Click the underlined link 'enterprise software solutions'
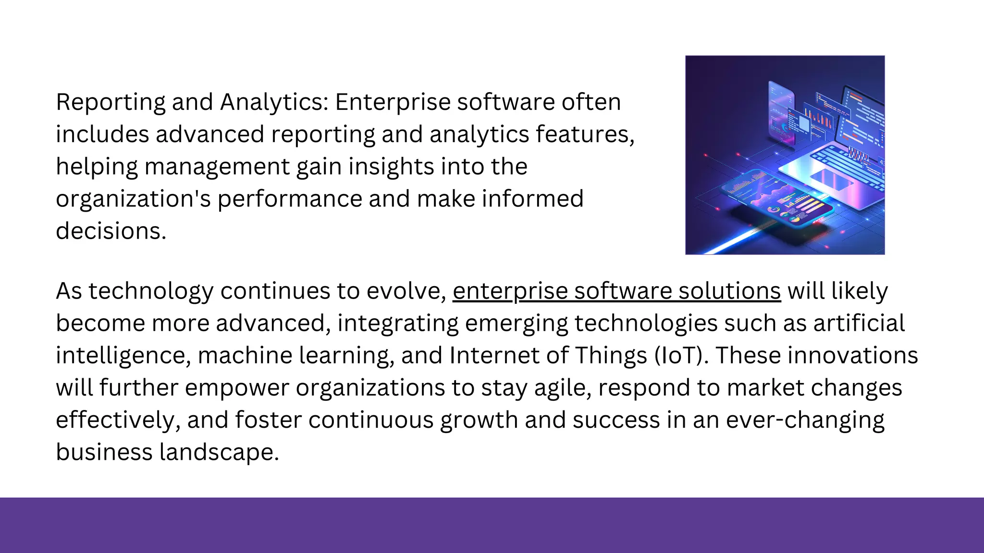coord(616,291)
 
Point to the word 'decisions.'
coord(111,231)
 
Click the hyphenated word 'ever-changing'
coord(805,420)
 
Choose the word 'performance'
coord(290,199)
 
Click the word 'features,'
coord(585,134)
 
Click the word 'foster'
coord(268,420)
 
